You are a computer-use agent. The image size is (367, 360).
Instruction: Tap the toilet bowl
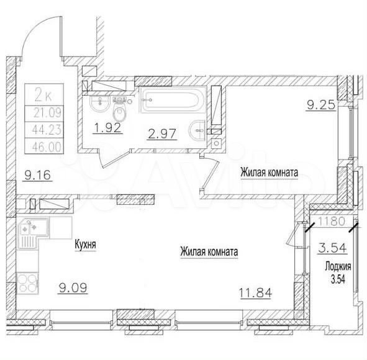[120, 110]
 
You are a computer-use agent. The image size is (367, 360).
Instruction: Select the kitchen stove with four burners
[27, 283]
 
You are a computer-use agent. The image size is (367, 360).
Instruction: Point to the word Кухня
[85, 245]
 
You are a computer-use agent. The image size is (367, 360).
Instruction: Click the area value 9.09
[73, 287]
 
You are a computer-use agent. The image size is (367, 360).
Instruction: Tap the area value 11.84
[255, 292]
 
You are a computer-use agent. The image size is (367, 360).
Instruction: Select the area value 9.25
[321, 106]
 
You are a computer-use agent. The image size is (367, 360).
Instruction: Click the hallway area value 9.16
[37, 175]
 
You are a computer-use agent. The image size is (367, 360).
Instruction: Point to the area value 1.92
[107, 128]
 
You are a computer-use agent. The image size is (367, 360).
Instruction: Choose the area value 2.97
[161, 134]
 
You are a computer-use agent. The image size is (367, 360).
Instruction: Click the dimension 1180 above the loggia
[332, 221]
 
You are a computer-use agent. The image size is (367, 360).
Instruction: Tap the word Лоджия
[338, 266]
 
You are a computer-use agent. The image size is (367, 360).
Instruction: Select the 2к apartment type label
[43, 95]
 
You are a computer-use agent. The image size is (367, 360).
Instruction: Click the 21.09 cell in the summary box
[47, 113]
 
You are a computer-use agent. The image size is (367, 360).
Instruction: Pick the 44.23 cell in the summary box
[47, 130]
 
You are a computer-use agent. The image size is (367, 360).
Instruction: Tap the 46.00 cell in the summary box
[47, 146]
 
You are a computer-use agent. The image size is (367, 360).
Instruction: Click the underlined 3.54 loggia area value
[332, 248]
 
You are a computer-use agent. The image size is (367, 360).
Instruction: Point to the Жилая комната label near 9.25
[269, 173]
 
